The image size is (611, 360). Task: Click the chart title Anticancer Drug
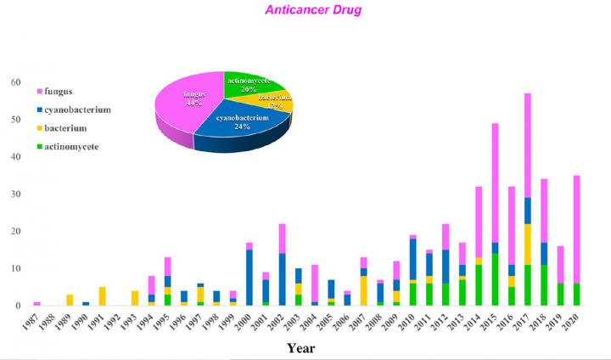click(x=302, y=10)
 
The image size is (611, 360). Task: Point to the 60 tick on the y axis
click(x=15, y=82)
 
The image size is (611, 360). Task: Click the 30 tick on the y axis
click(x=15, y=194)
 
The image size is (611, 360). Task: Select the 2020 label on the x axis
click(x=576, y=321)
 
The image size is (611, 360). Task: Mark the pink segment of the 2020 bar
click(x=576, y=229)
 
